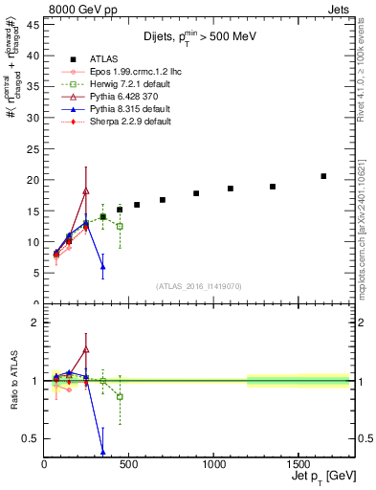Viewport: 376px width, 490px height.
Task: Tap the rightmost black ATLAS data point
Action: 323,176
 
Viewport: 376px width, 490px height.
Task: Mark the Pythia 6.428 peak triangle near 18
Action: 86,190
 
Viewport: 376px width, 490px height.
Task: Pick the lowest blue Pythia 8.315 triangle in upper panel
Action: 102,266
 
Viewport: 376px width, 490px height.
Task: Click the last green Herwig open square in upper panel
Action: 120,226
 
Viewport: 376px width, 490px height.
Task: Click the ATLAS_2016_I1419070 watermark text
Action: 199,286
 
